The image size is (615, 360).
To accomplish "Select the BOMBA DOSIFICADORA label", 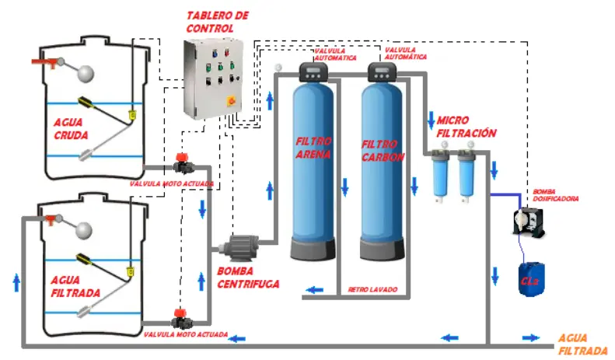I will click(x=555, y=194).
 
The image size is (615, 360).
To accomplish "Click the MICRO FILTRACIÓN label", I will click(x=466, y=127).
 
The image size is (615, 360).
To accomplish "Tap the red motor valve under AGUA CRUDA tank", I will click(x=182, y=164).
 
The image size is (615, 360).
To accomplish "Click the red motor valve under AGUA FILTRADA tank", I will click(x=180, y=318).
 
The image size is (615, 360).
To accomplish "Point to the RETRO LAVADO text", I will click(x=372, y=289).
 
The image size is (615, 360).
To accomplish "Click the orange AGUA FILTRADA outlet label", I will click(x=582, y=344).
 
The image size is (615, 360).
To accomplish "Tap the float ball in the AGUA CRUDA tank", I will click(x=84, y=72).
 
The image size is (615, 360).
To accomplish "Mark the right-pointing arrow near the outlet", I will click(x=530, y=337).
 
